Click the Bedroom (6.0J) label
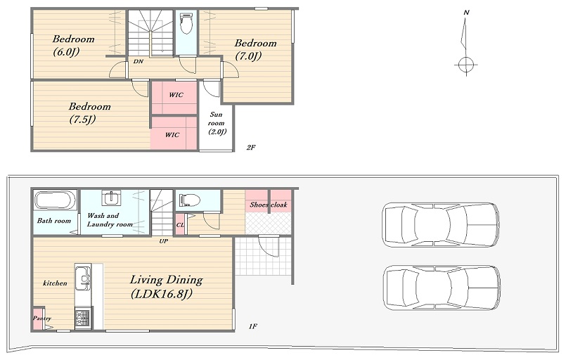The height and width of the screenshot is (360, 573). [x=73, y=45]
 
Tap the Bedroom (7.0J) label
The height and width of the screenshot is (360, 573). [x=255, y=50]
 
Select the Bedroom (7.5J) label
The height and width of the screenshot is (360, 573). [x=89, y=113]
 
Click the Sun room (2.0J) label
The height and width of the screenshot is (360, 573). [x=217, y=123]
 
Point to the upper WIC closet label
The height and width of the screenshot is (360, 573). [x=176, y=95]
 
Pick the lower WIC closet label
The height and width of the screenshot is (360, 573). [x=172, y=134]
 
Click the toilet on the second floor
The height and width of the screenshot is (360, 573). [x=186, y=23]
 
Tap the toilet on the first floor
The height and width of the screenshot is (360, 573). [x=190, y=200]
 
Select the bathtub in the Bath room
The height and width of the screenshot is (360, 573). [x=56, y=200]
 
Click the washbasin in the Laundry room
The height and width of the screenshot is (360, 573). [x=110, y=198]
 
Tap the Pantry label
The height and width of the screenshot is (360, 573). [x=41, y=319]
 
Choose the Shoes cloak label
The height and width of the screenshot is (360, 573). [x=269, y=205]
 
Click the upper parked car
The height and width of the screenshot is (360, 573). [x=441, y=225]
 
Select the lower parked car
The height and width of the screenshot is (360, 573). [x=442, y=288]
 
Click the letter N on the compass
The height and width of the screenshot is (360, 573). [x=466, y=13]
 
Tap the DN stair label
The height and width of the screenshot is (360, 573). [x=138, y=61]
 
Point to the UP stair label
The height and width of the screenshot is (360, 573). [x=163, y=241]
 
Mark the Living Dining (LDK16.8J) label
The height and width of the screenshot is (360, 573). [x=166, y=287]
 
